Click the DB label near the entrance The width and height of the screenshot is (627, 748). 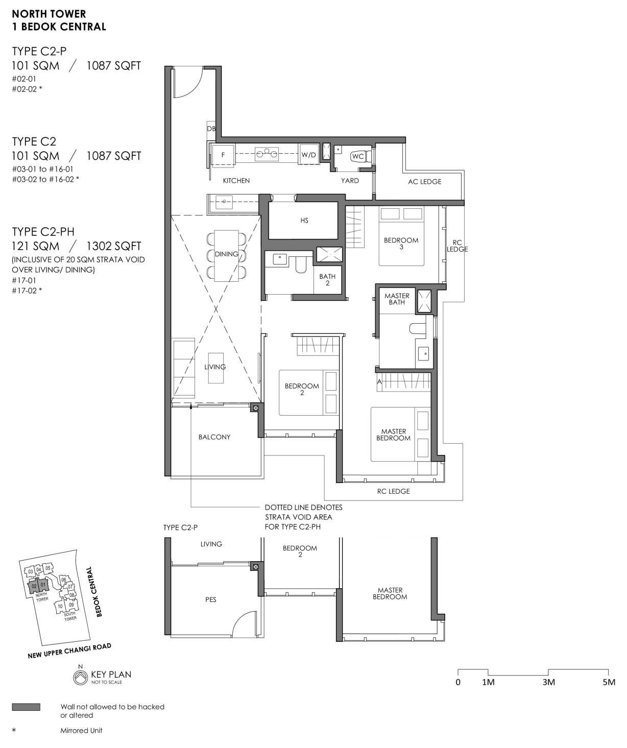click(211, 128)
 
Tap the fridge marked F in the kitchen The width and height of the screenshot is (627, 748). click(223, 155)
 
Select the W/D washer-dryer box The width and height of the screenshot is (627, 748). click(308, 155)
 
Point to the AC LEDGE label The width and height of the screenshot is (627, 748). click(425, 182)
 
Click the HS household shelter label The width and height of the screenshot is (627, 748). click(304, 221)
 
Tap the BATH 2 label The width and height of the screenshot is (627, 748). click(327, 279)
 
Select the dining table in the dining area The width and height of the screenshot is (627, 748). click(226, 255)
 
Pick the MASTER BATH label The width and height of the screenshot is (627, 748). click(397, 299)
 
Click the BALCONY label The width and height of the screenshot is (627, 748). click(214, 437)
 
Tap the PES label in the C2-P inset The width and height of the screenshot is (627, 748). click(211, 600)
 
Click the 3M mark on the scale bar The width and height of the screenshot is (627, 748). click(548, 682)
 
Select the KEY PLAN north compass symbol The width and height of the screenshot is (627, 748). click(80, 677)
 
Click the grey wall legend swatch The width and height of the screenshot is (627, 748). click(26, 707)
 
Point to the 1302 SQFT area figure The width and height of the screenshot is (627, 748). click(113, 246)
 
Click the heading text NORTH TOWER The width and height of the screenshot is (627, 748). click(49, 14)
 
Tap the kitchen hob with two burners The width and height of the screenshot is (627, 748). click(267, 154)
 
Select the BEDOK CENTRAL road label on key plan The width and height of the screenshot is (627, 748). click(94, 591)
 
